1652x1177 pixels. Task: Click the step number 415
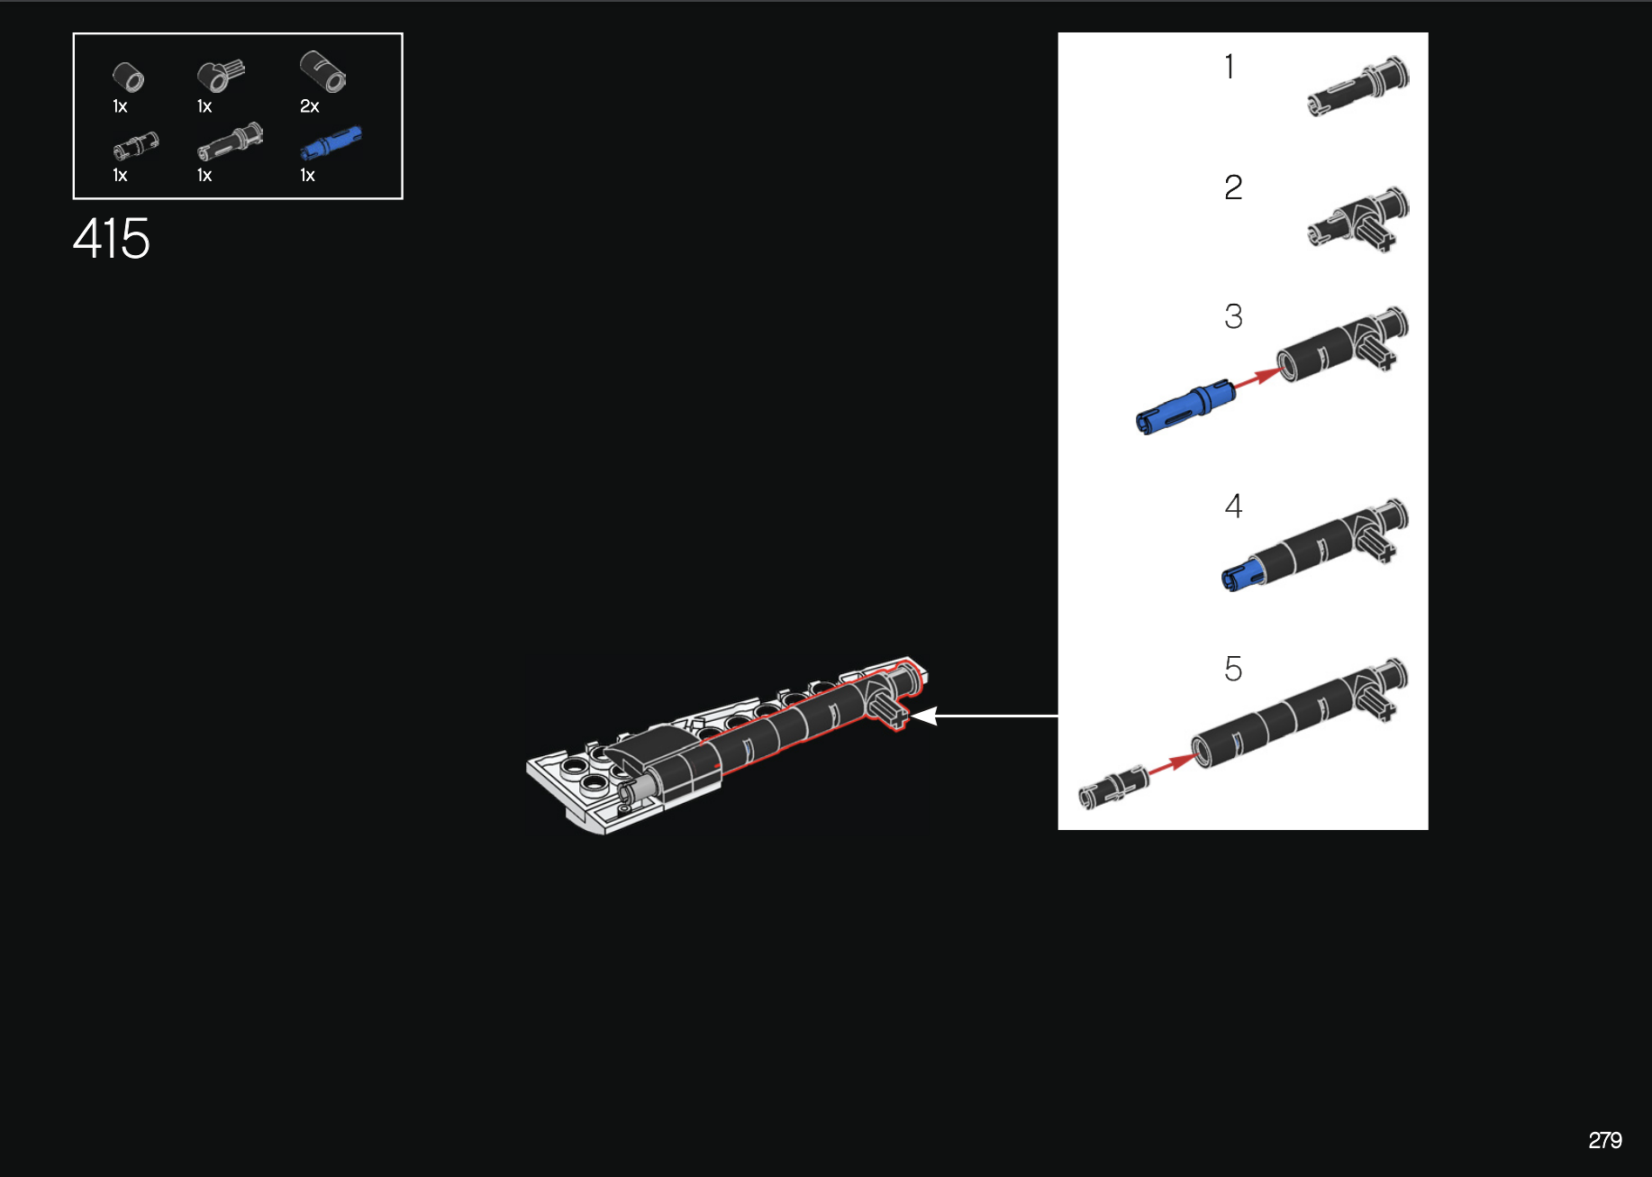click(111, 239)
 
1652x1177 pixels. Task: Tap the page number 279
click(1605, 1140)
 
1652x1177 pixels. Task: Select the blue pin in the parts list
click(331, 143)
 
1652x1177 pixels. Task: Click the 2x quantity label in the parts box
click(310, 106)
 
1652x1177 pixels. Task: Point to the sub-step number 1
click(1230, 67)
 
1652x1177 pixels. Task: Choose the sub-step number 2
click(1233, 187)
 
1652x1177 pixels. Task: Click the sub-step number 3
click(1233, 316)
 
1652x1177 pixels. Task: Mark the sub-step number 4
click(1233, 506)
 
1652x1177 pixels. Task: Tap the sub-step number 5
click(1233, 669)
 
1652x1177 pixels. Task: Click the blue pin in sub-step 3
click(1185, 407)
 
